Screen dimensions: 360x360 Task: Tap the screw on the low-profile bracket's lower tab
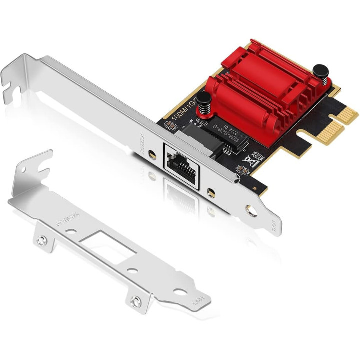[134, 301]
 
